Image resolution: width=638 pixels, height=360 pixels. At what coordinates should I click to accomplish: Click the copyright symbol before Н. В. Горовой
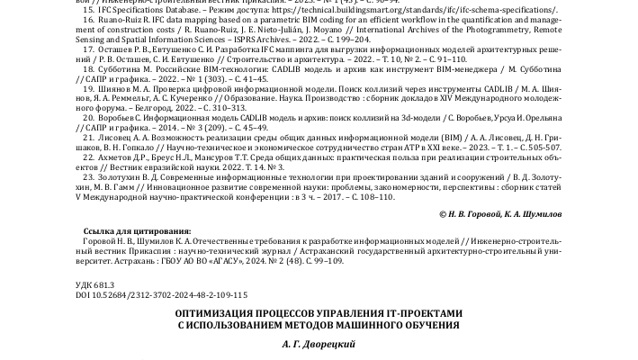tap(444, 216)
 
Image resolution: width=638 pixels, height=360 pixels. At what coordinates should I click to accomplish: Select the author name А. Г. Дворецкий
tap(319, 344)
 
